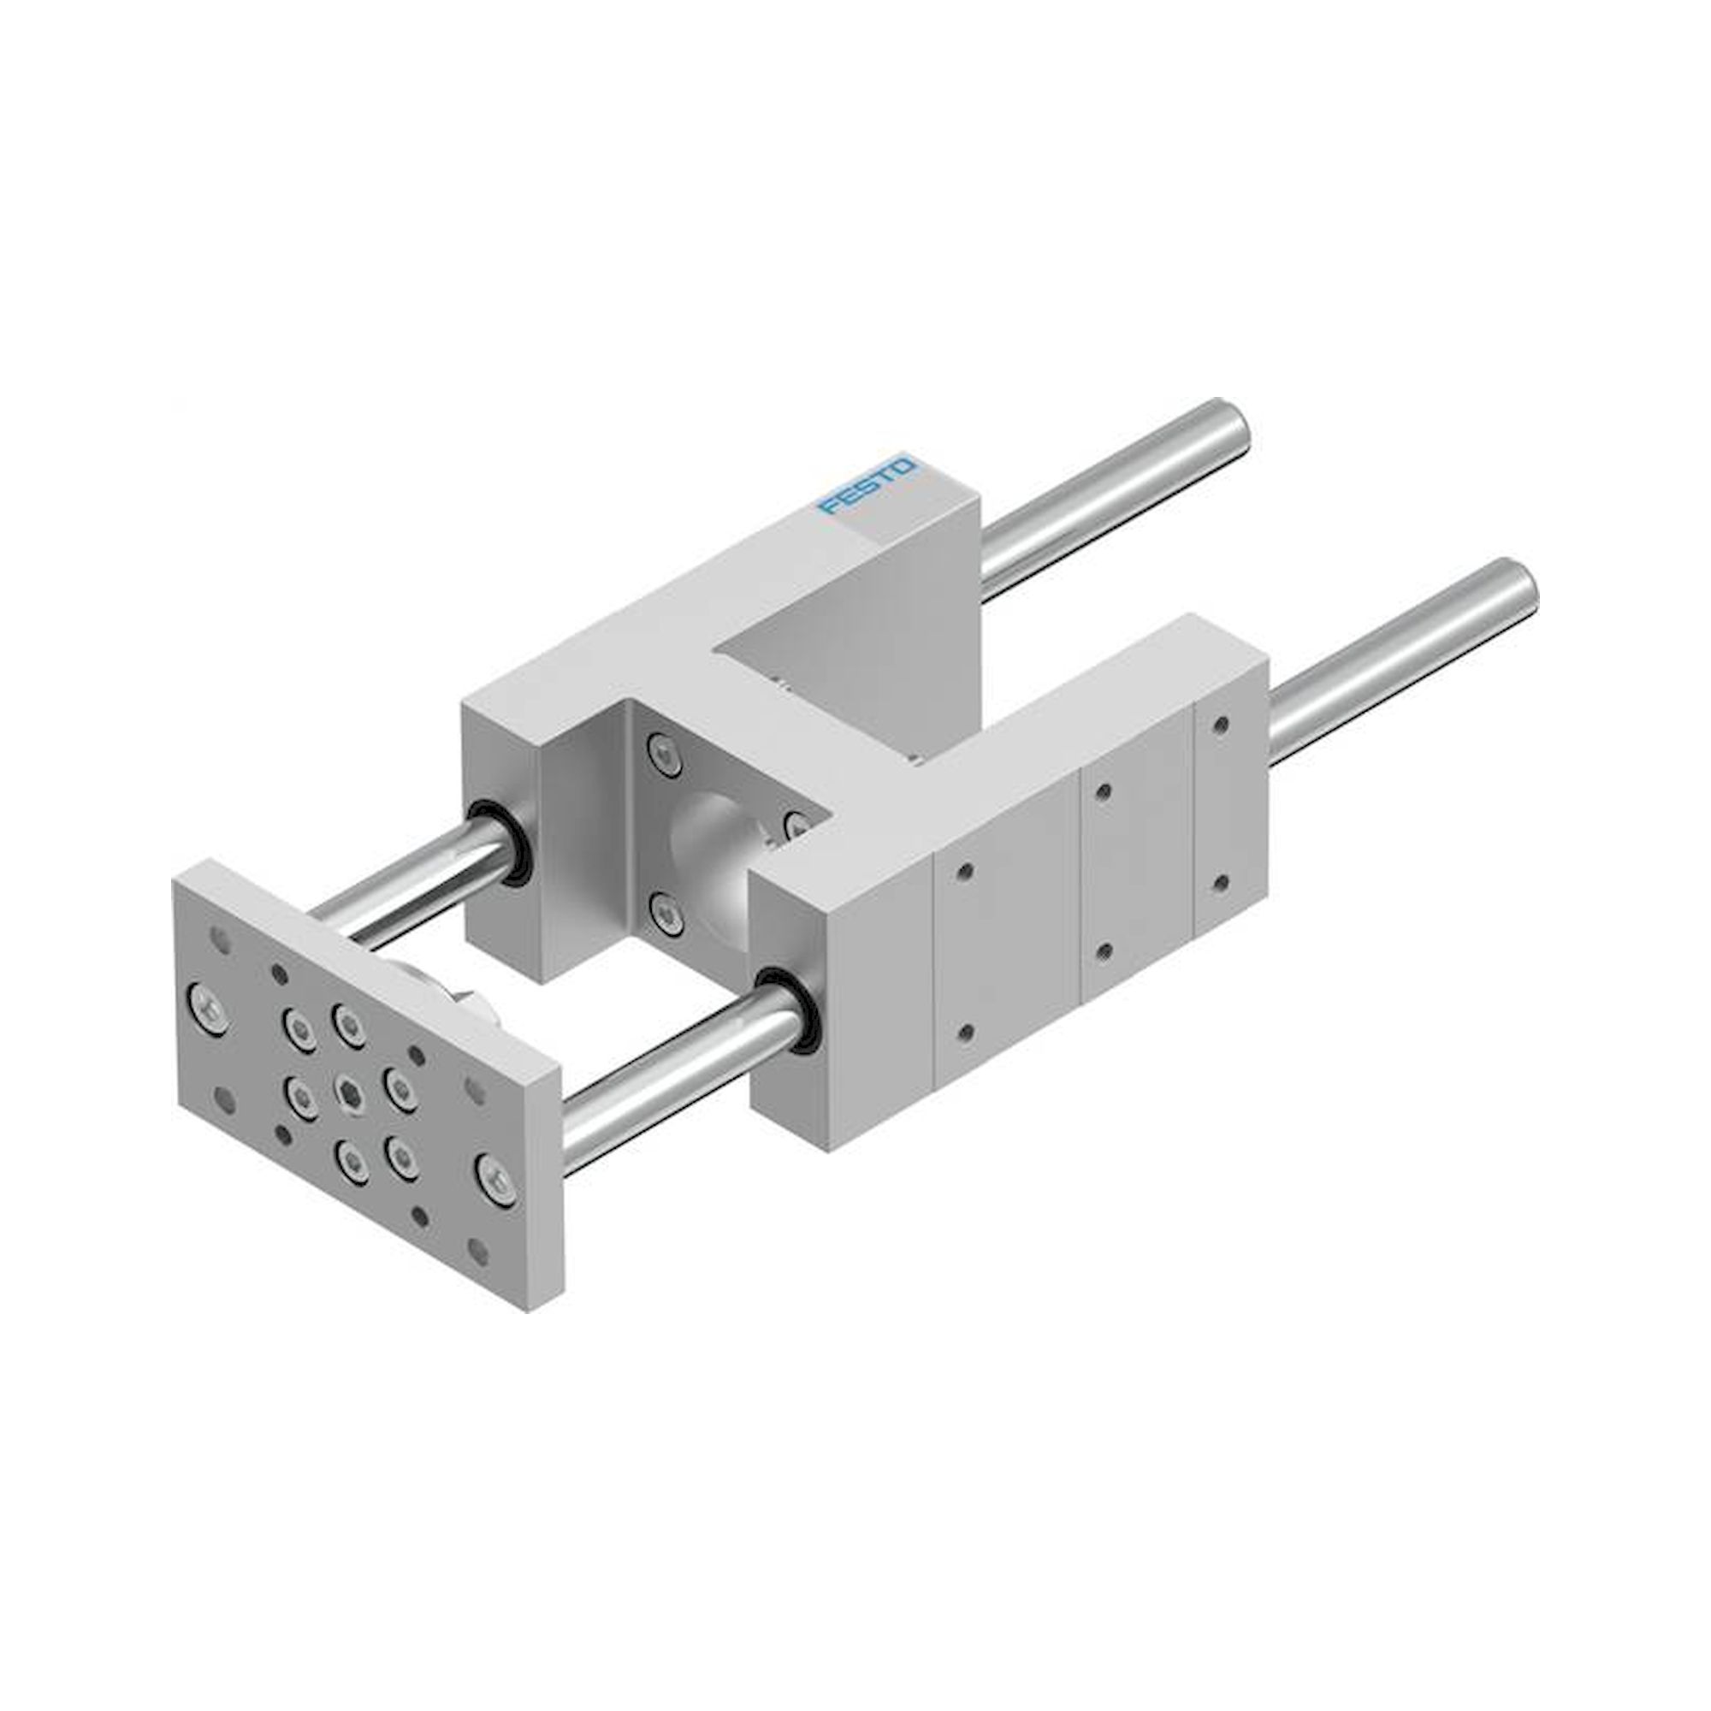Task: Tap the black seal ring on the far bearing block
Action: (500, 841)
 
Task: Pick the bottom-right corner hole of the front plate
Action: (478, 1252)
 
